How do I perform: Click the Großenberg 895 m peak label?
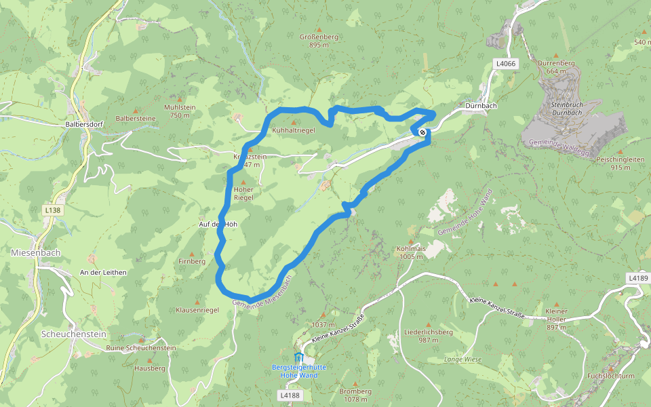(x=318, y=41)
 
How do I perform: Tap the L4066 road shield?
(x=506, y=64)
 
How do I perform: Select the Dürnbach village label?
(x=482, y=106)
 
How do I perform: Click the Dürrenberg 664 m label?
(x=556, y=66)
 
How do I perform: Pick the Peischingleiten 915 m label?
(x=620, y=163)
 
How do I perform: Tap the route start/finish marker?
(x=422, y=132)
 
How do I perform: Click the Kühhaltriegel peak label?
(x=293, y=130)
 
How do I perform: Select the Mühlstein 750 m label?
(x=180, y=111)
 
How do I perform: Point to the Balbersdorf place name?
(x=84, y=125)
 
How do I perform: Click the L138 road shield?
(x=52, y=211)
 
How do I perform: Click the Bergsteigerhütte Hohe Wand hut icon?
(x=298, y=357)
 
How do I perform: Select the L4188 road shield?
(x=290, y=395)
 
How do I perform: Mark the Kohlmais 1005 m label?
(x=411, y=252)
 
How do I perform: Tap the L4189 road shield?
(x=638, y=278)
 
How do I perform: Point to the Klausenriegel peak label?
(x=197, y=310)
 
